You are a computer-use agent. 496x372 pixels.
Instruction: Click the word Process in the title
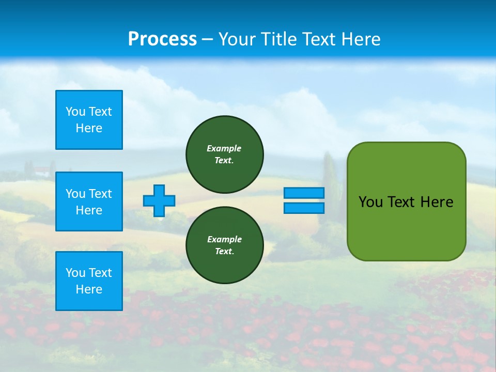pyautogui.click(x=162, y=39)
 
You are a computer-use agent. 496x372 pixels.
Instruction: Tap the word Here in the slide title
pyautogui.click(x=362, y=39)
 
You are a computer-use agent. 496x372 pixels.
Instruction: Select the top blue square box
pyautogui.click(x=89, y=120)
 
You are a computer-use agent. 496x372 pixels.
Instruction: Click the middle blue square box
pyautogui.click(x=89, y=202)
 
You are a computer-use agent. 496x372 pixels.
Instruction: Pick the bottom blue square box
pyautogui.click(x=89, y=281)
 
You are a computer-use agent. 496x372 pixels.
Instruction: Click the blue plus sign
pyautogui.click(x=159, y=200)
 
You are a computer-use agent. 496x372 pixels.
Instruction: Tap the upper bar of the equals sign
pyautogui.click(x=304, y=193)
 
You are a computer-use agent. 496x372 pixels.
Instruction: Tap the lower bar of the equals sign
pyautogui.click(x=304, y=208)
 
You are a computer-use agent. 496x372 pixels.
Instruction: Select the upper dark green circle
pyautogui.click(x=225, y=154)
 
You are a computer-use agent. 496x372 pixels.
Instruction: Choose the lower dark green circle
pyautogui.click(x=225, y=245)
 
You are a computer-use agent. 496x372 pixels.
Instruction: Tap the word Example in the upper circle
pyautogui.click(x=224, y=148)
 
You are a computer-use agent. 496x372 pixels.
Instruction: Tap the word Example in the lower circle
pyautogui.click(x=224, y=239)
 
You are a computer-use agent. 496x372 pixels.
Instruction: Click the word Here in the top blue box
pyautogui.click(x=89, y=128)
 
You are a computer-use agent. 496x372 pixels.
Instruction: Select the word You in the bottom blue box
pyautogui.click(x=75, y=273)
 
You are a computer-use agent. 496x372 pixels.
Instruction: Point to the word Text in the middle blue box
pyautogui.click(x=101, y=194)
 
